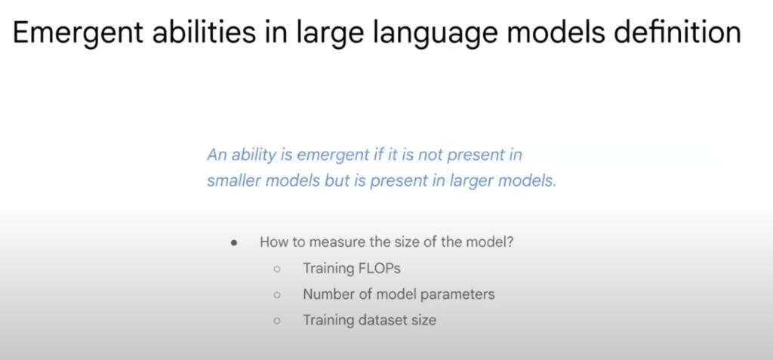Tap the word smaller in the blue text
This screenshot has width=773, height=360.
[233, 182]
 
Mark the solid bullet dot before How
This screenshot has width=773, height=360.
[235, 243]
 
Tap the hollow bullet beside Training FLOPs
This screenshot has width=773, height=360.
[277, 269]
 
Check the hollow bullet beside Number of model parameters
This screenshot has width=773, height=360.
[277, 294]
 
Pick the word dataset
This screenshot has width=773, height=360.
[383, 319]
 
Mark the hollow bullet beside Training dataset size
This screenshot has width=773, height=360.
[277, 320]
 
